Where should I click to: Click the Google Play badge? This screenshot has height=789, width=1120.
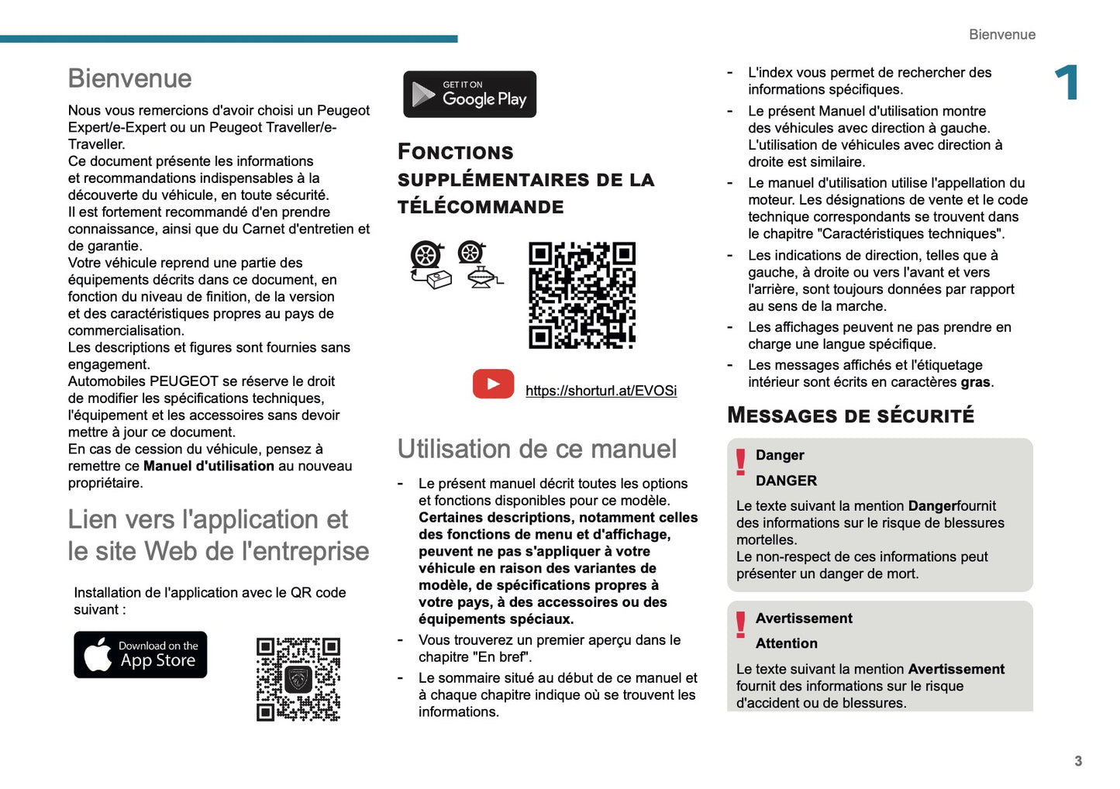[x=470, y=95]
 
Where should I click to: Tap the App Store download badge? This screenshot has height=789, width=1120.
[x=140, y=655]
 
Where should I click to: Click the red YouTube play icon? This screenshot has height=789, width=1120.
[x=493, y=384]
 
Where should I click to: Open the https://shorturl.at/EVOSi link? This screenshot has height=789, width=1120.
[x=601, y=391]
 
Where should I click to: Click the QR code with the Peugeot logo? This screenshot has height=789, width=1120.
[x=298, y=680]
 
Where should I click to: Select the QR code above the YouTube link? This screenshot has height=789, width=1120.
[x=582, y=295]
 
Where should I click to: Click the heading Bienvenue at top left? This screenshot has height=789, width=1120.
[x=129, y=78]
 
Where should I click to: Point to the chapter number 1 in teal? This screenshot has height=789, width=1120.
[x=1067, y=83]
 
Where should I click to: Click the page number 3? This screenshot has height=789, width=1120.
[x=1077, y=761]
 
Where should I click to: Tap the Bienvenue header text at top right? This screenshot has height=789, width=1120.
[x=1001, y=35]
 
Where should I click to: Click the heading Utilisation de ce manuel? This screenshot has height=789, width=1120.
[x=536, y=450]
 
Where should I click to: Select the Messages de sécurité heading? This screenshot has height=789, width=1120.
[x=850, y=415]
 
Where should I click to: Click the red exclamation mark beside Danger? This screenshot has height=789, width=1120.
[x=741, y=462]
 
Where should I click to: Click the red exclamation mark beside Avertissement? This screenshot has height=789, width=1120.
[x=741, y=625]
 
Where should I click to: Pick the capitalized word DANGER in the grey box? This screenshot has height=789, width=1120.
[x=786, y=481]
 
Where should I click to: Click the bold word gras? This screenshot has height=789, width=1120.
[x=975, y=382]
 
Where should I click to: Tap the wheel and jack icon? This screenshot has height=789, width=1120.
[x=478, y=265]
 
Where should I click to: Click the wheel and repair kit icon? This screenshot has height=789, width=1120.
[x=429, y=265]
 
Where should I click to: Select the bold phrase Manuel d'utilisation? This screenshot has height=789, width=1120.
[x=208, y=466]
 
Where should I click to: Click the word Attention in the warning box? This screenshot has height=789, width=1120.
[x=786, y=643]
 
